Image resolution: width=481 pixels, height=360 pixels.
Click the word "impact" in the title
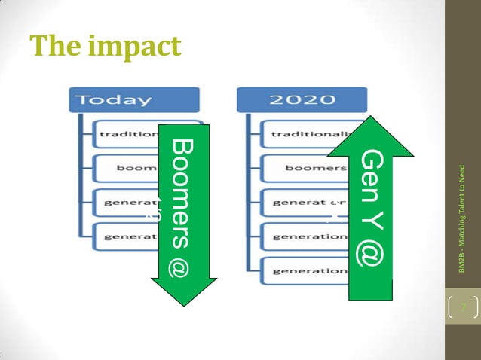tap(135, 46)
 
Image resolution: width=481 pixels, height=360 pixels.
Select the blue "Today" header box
tap(134, 99)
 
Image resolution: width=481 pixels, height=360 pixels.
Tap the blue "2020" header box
tap(302, 99)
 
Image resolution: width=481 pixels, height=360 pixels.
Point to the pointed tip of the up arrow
tap(370, 119)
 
